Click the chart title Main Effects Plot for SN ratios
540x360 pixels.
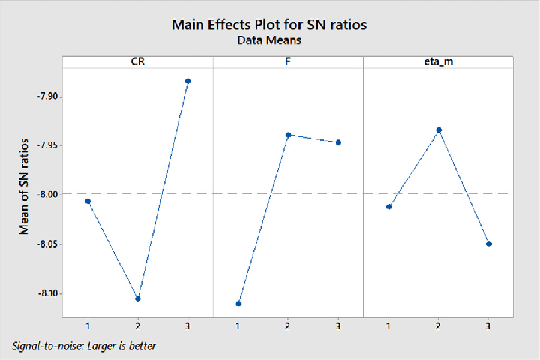pyautogui.click(x=270, y=24)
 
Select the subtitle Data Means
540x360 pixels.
pyautogui.click(x=270, y=41)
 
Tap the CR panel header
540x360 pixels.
pyautogui.click(x=138, y=62)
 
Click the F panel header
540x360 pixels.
pyautogui.click(x=288, y=62)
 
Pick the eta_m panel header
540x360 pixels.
pyautogui.click(x=438, y=62)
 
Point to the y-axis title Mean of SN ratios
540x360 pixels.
pyautogui.click(x=24, y=186)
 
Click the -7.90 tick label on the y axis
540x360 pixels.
pyautogui.click(x=45, y=96)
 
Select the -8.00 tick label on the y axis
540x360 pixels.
pyautogui.click(x=45, y=194)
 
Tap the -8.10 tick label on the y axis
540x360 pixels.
pyautogui.click(x=45, y=293)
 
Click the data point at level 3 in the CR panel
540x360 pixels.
pyautogui.click(x=188, y=81)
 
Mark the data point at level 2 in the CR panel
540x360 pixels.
pyautogui.click(x=138, y=298)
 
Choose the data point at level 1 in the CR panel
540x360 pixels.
pyautogui.click(x=88, y=201)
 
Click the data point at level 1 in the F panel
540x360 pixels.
pyautogui.click(x=238, y=303)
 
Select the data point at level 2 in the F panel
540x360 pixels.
pyautogui.click(x=288, y=135)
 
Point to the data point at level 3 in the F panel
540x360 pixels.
pyautogui.click(x=338, y=142)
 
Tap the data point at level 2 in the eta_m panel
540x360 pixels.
pyautogui.click(x=439, y=130)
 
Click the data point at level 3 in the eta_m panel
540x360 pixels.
pyautogui.click(x=489, y=244)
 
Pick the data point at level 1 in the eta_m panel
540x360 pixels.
pyautogui.click(x=388, y=206)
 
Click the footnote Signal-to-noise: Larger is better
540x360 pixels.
pyautogui.click(x=84, y=346)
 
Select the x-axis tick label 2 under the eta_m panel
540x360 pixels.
pyautogui.click(x=439, y=327)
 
